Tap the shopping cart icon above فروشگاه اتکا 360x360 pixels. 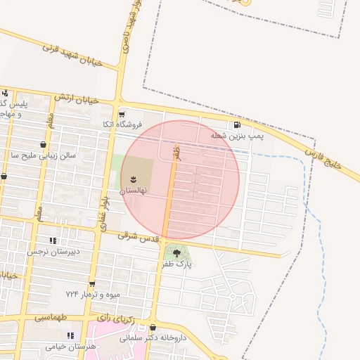point(122,114)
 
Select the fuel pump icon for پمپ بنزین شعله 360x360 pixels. point(237,124)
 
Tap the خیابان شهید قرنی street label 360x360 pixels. point(72,54)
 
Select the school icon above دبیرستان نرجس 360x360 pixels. point(53,240)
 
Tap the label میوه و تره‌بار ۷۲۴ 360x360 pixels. point(94,293)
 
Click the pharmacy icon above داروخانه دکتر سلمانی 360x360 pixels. point(153,327)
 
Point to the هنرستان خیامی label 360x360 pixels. point(70,347)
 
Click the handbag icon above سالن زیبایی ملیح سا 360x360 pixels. point(43,144)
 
